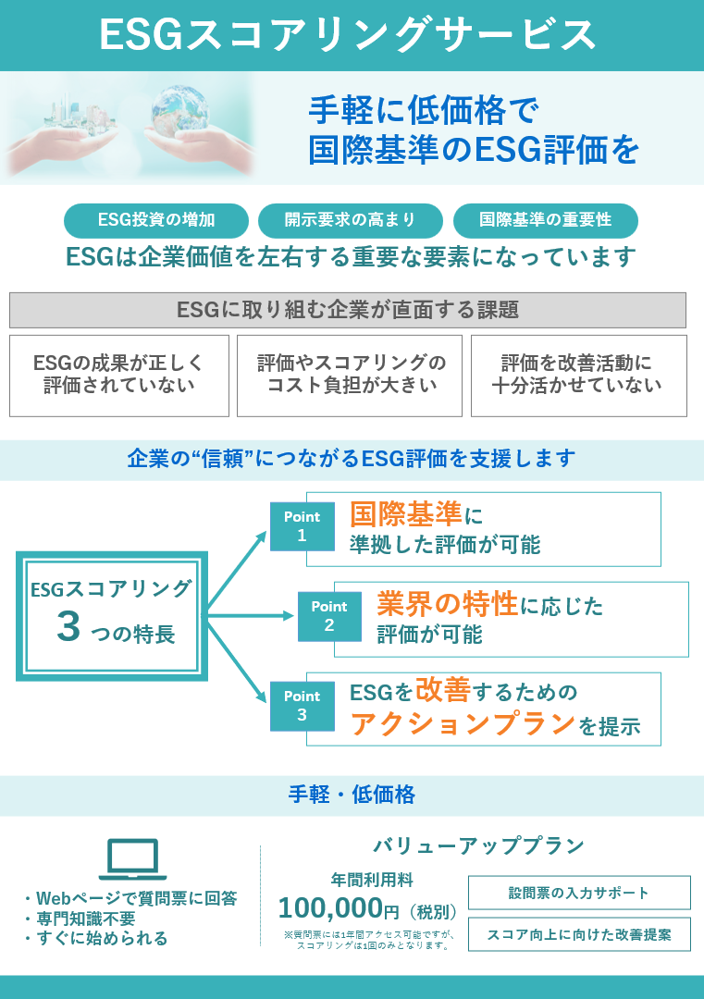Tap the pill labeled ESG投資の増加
tap(156, 220)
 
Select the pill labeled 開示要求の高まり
tap(351, 220)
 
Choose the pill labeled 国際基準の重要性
tap(545, 220)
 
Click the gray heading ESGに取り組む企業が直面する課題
tap(347, 310)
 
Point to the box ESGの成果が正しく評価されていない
tap(118, 375)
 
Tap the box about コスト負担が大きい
tap(351, 375)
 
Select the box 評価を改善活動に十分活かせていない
tap(578, 375)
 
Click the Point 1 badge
tap(302, 526)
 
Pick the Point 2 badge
tap(329, 616)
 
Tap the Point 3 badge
tap(302, 706)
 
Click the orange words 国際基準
tap(405, 514)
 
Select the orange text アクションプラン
tap(463, 724)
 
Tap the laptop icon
tap(132, 859)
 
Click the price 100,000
tap(330, 907)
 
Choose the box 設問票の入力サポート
tap(579, 893)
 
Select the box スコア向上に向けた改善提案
tap(579, 934)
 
